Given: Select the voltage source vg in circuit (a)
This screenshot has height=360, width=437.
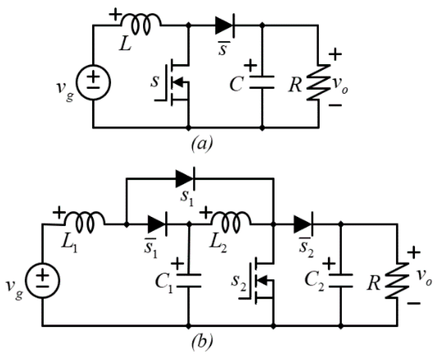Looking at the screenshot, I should (94, 82).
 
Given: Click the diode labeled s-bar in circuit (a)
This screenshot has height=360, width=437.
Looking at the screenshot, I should (225, 26).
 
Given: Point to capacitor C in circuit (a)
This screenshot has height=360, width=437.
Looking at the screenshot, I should (262, 82).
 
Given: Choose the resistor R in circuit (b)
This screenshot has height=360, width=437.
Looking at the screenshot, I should (397, 280).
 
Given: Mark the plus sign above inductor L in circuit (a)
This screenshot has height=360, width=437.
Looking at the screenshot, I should (115, 15).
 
